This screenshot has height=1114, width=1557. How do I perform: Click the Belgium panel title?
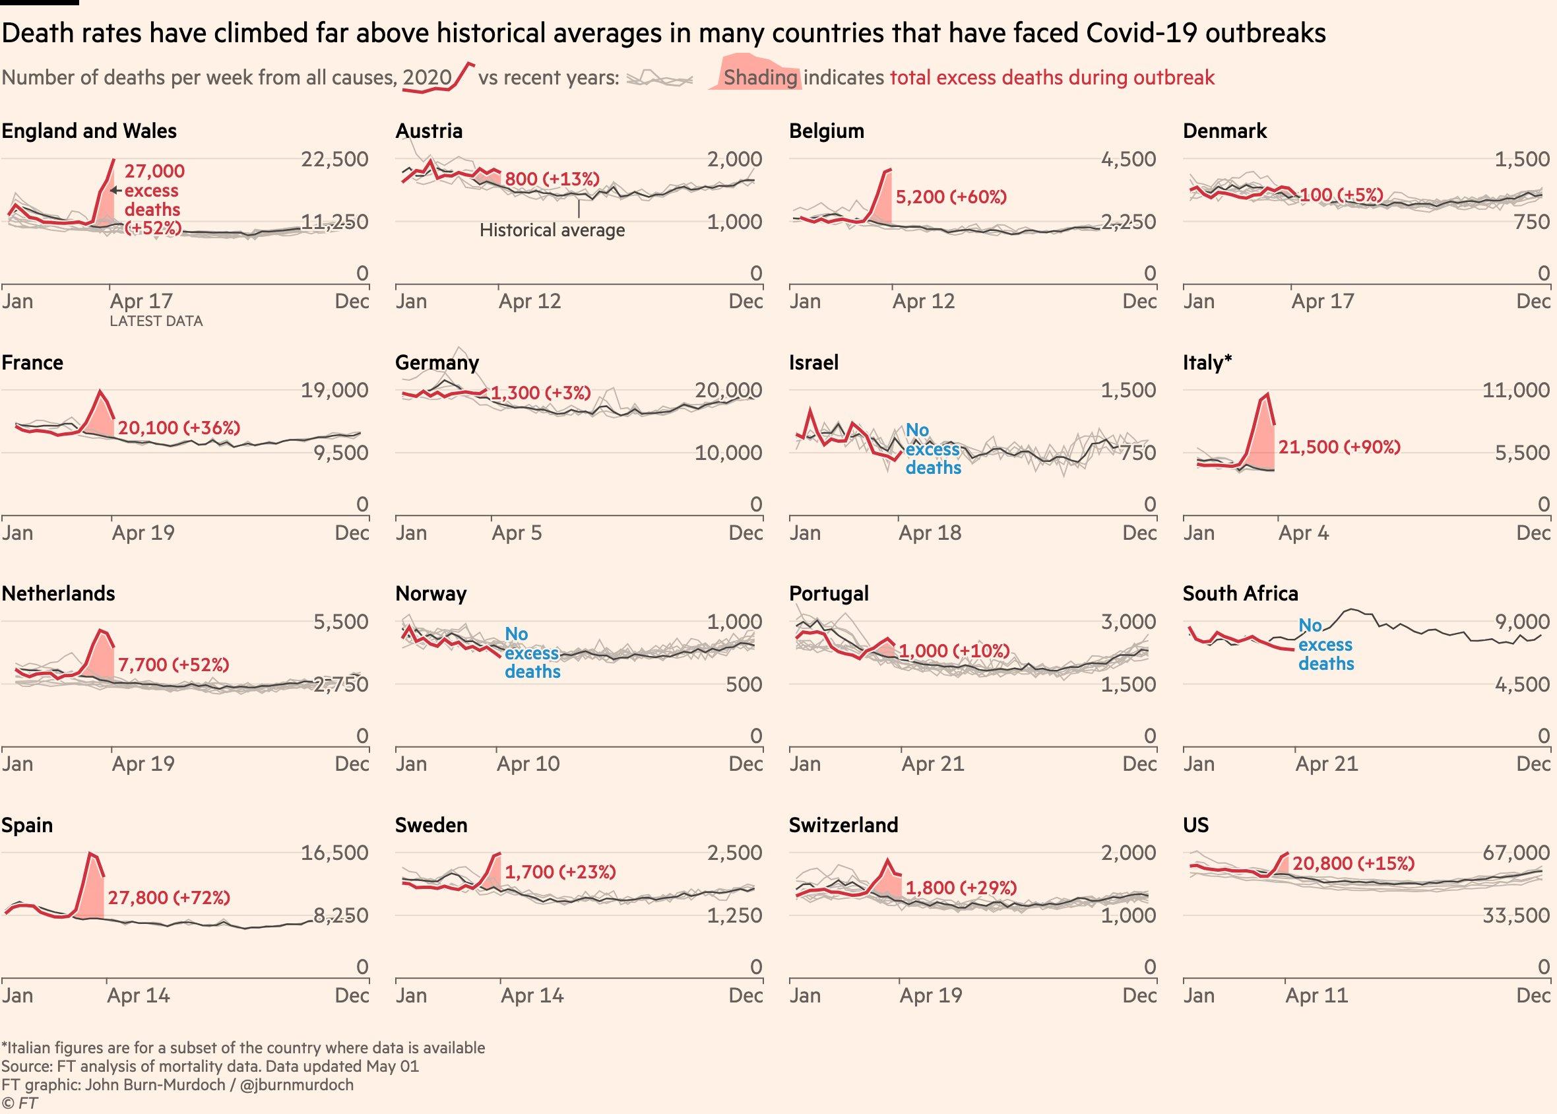826,131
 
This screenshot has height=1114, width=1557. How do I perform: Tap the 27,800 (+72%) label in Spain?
169,898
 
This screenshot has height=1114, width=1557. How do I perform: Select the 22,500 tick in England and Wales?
334,159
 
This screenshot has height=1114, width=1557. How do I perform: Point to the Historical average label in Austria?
552,230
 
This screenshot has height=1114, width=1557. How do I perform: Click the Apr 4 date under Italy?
1303,533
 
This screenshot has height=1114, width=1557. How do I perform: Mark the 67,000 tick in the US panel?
1516,853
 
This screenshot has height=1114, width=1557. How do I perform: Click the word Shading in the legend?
760,77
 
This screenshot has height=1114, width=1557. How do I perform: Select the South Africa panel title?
1240,593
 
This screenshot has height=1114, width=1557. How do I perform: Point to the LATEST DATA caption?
156,321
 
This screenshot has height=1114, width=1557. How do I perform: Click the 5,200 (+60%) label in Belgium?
951,197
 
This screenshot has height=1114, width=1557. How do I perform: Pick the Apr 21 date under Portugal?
932,764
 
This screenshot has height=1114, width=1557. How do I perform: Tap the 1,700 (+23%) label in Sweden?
560,872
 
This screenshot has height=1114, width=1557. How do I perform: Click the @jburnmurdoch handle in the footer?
298,1084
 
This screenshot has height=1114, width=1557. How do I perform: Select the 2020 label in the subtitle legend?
427,77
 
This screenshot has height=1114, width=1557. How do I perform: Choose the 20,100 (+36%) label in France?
179,428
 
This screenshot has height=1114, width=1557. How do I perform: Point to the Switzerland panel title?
843,824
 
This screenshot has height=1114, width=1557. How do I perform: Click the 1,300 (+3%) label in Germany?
540,393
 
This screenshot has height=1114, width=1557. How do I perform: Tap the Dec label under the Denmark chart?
1533,302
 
